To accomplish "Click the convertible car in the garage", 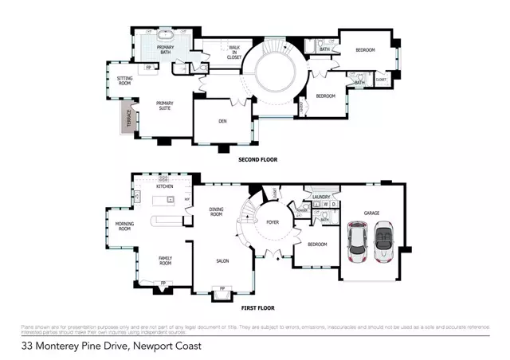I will point(384,241).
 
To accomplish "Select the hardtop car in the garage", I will point(358,241).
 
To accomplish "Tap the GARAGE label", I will point(371,213).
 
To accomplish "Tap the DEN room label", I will point(223,121).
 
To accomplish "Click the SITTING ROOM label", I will point(124,80).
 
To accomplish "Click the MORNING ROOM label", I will point(124,227).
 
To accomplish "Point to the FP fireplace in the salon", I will point(222,288).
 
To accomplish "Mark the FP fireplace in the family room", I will point(163,283).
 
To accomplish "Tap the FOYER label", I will point(272,223).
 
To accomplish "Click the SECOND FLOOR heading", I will point(258,160).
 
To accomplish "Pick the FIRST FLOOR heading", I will point(257,307).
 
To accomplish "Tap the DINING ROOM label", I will point(216,213).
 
